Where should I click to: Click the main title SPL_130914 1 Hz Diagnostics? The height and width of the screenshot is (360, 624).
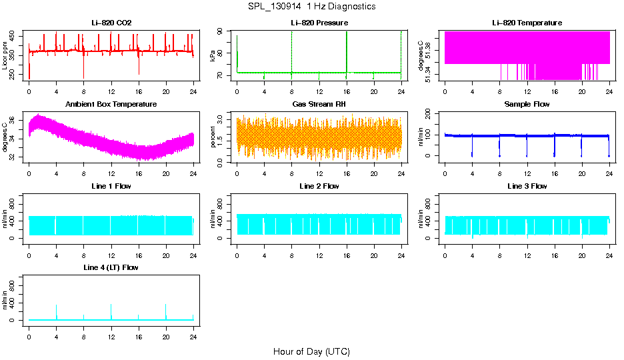click(x=311, y=7)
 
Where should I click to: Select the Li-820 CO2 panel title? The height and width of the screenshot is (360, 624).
click(x=111, y=23)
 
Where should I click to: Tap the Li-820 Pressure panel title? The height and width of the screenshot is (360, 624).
click(x=319, y=23)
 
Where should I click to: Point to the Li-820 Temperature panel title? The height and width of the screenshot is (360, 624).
click(x=527, y=23)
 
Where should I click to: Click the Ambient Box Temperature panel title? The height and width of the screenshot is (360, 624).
click(x=111, y=104)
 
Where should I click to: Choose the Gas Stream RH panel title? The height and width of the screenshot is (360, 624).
click(x=319, y=104)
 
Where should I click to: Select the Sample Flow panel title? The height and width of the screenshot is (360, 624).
click(x=527, y=104)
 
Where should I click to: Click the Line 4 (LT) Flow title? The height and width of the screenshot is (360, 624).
click(x=111, y=267)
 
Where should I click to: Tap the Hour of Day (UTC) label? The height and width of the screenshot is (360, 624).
click(x=311, y=351)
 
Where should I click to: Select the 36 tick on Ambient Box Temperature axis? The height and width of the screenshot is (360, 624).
click(x=14, y=120)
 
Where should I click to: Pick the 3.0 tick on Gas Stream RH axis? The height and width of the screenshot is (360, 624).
click(x=222, y=118)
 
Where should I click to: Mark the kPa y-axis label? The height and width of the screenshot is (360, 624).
click(x=213, y=55)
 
